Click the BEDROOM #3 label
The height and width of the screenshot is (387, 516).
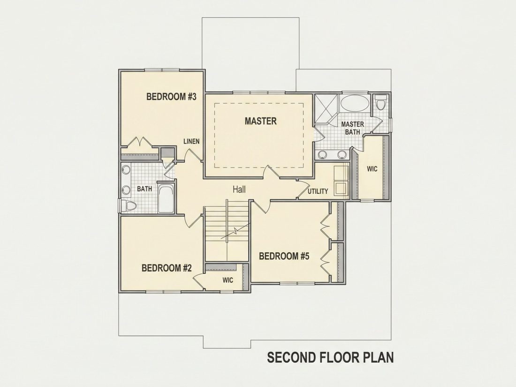pos(171,97)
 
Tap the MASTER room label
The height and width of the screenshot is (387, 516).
pos(261,121)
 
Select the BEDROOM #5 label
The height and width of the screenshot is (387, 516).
pos(284,256)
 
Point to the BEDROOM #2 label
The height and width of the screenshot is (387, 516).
pos(167,268)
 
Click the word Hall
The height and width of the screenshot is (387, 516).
pos(239,189)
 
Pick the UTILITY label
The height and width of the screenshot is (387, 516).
pos(318,191)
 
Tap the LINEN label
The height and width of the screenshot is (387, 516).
pos(191,142)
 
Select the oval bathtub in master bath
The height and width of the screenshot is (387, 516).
pos(355,103)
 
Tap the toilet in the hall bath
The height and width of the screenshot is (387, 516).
pos(129,206)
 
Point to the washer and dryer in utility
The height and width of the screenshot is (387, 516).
pos(341,181)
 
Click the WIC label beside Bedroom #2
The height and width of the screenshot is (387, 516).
pos(228,281)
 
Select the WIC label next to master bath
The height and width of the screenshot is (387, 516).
pos(372,169)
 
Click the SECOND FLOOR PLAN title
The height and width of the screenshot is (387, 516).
pos(330,357)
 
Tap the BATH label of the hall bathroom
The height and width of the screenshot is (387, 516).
pos(144,189)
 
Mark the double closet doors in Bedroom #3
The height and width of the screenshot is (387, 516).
pos(140,142)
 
